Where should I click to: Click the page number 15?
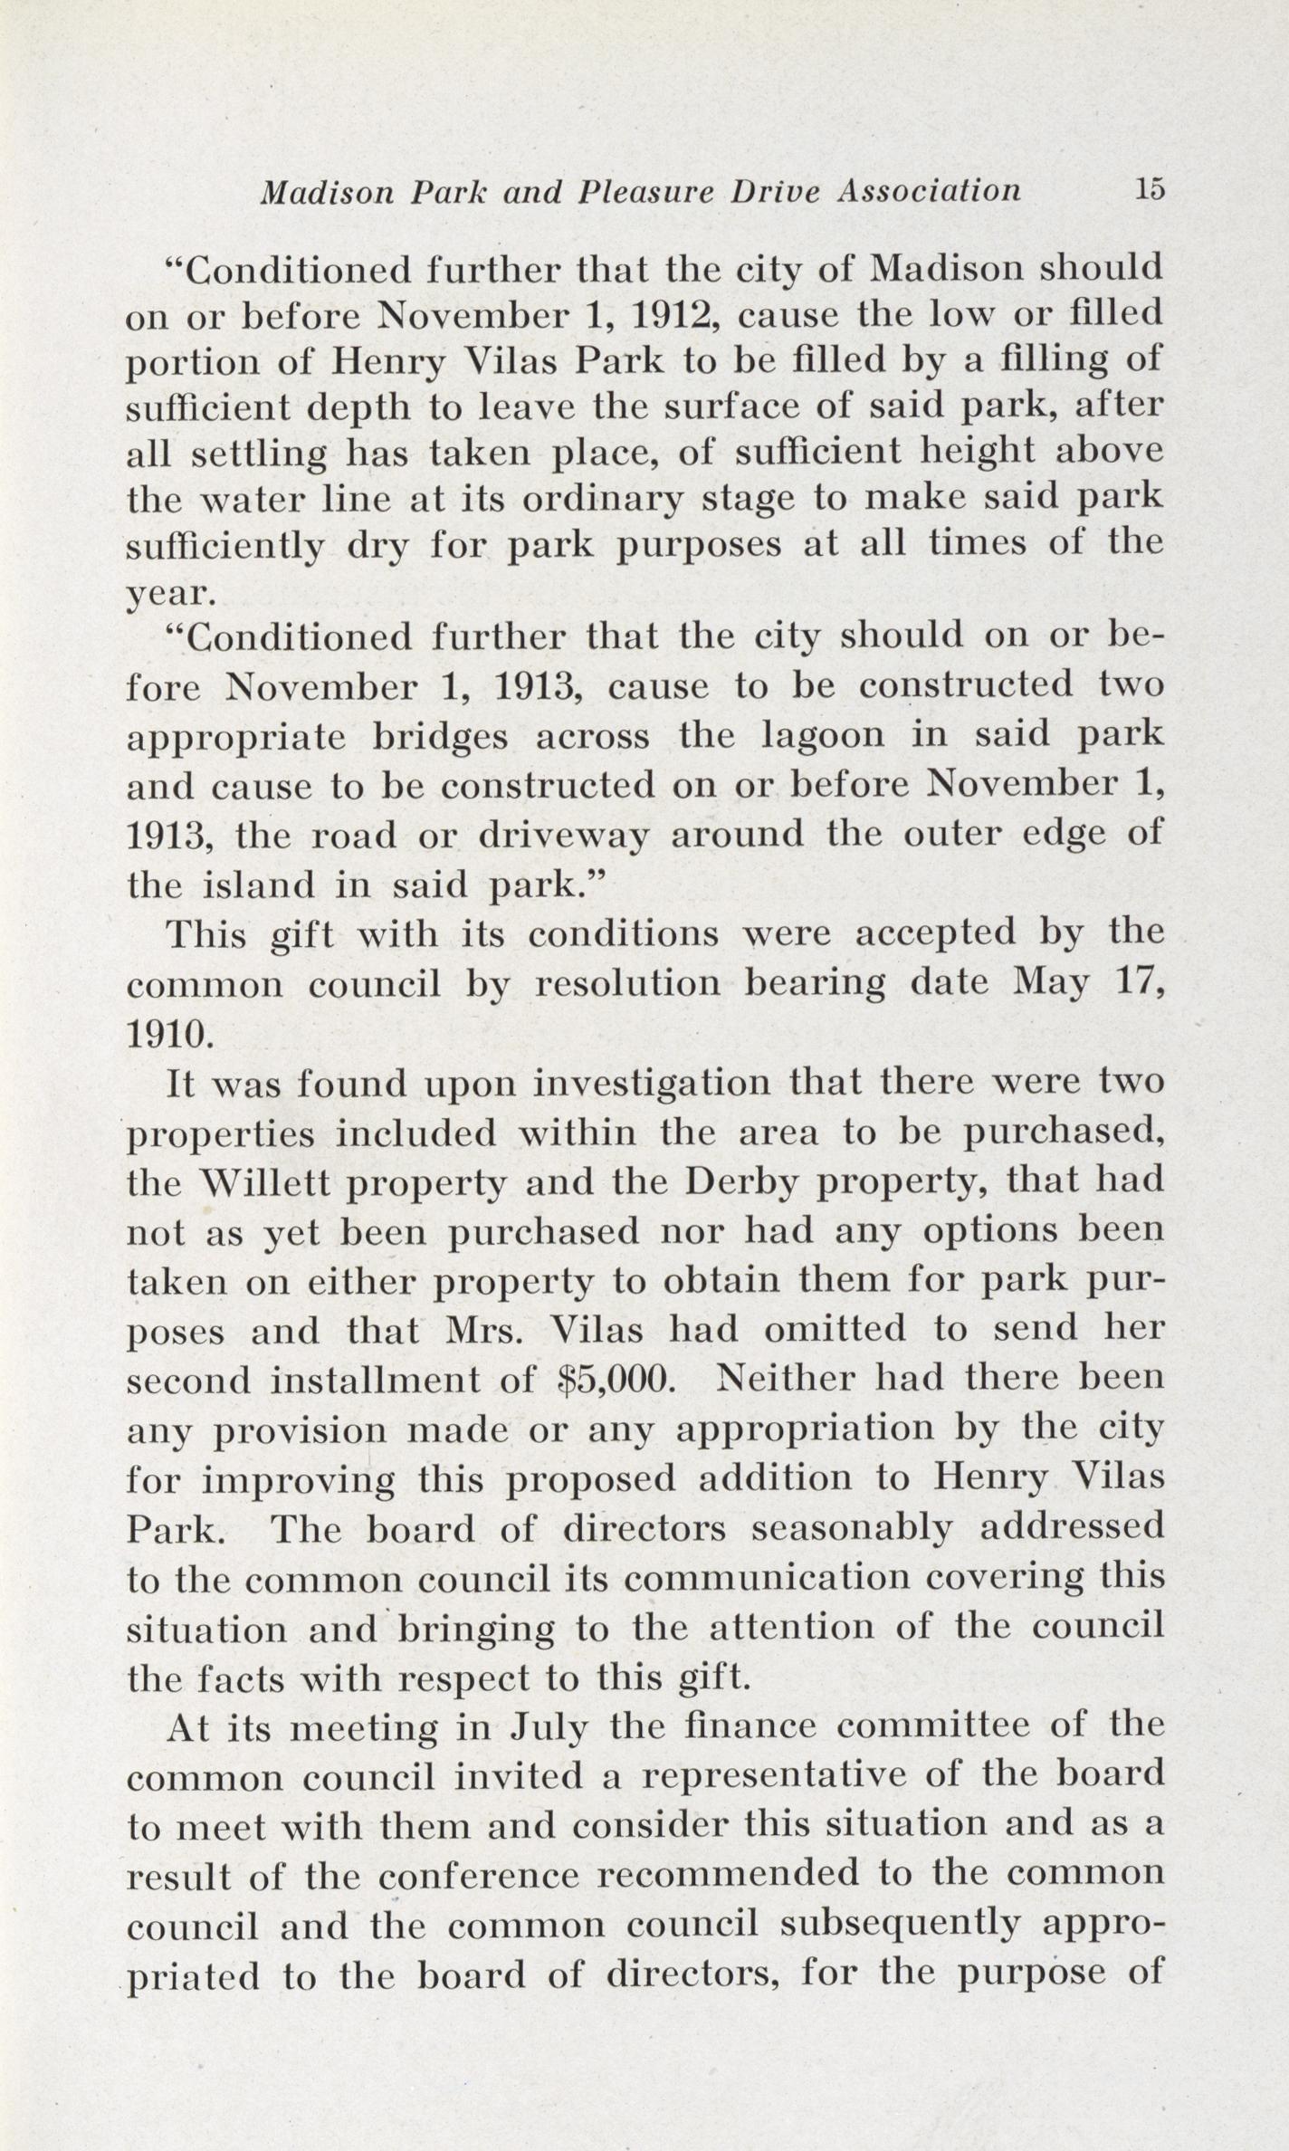[x=1142, y=189]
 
